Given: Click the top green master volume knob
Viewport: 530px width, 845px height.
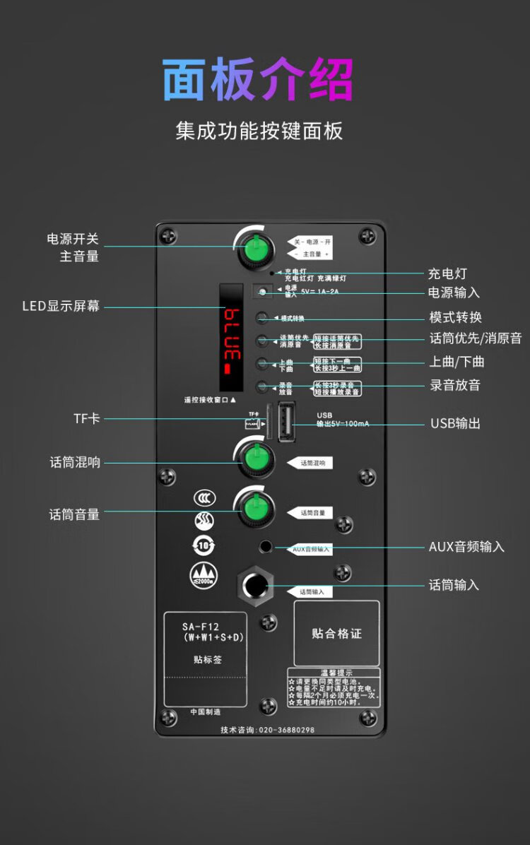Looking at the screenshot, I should point(253,249).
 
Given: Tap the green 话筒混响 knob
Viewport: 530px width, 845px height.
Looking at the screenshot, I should point(254,461).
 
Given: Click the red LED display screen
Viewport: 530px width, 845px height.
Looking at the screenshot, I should point(231,338).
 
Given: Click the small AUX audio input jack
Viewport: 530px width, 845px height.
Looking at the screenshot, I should point(266,546).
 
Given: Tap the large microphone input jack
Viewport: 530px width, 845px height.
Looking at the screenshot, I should point(254,586).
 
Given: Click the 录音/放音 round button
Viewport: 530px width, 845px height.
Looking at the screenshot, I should point(262,386).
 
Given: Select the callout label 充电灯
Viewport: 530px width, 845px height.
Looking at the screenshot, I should point(447,273).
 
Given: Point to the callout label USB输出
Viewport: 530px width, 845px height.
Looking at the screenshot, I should point(455,423).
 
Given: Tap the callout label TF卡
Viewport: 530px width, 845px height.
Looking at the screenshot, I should point(87,419).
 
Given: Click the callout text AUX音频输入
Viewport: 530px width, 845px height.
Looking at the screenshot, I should point(466,547).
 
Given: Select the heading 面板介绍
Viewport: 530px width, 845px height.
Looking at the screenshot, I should point(257,79).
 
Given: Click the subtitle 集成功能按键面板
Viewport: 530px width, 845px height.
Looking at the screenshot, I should point(259,131).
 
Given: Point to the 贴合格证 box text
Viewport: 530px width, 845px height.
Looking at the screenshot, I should point(336,634).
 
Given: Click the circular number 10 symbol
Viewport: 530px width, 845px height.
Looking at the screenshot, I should point(204,545).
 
